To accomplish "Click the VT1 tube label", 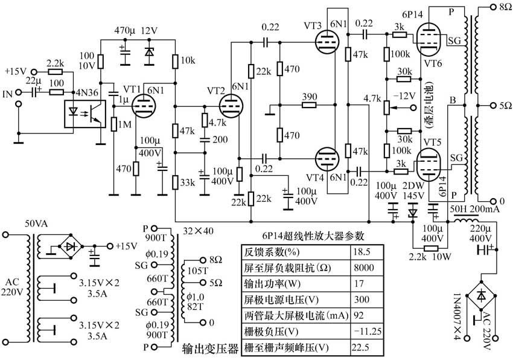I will [x=132, y=88].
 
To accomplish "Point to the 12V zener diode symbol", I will [x=149, y=53].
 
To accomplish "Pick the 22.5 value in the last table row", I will [x=361, y=347].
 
